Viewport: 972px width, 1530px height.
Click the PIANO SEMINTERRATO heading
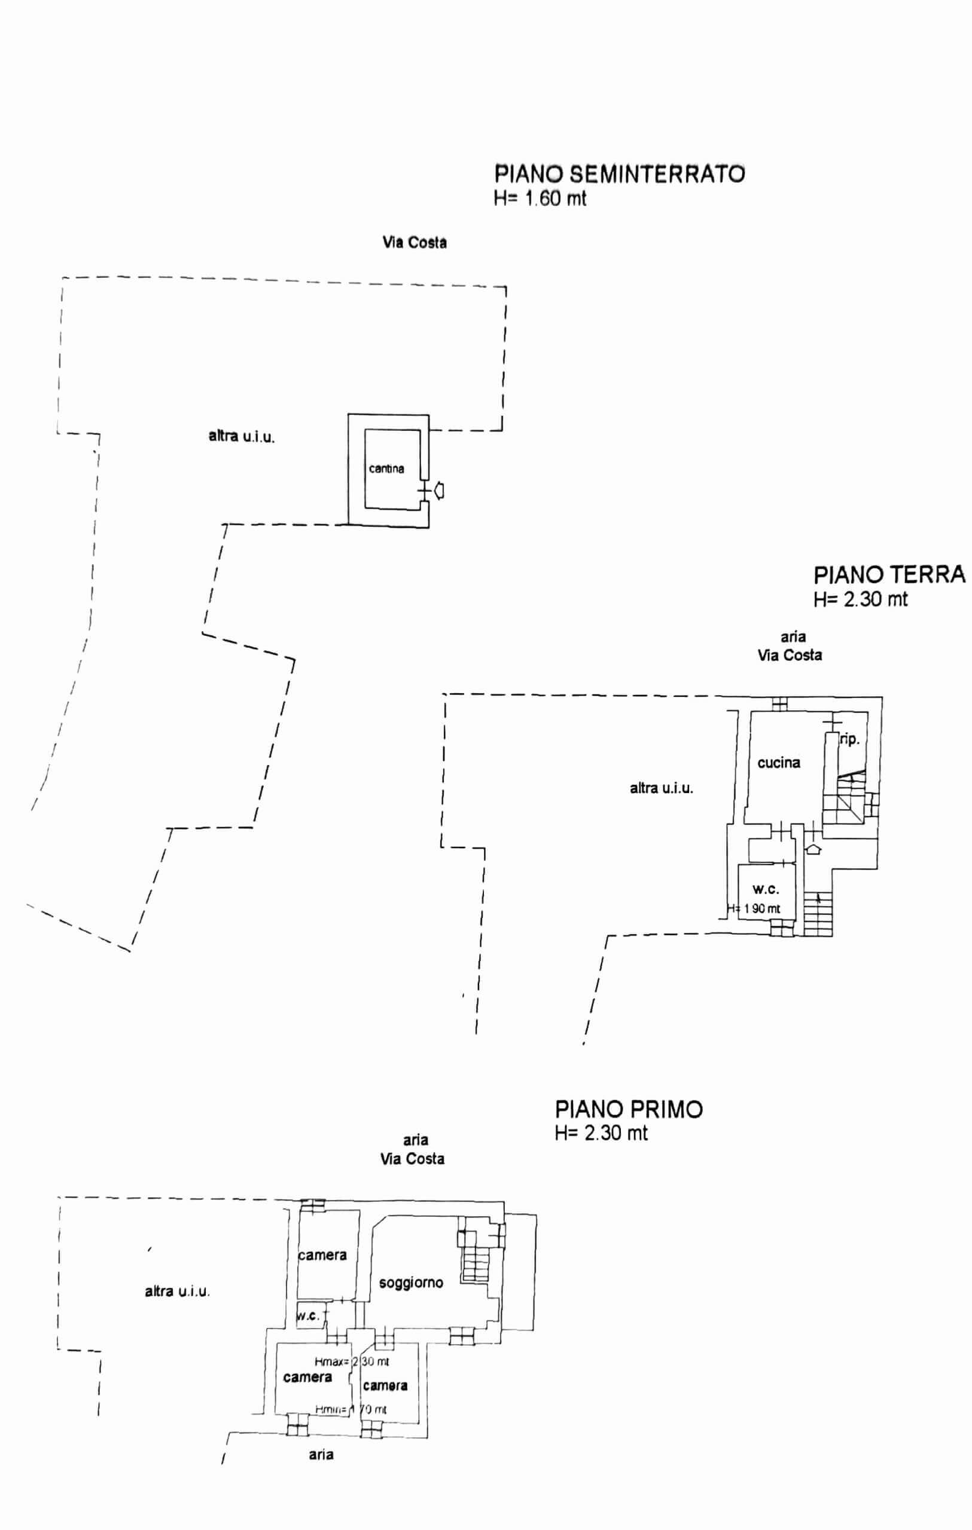[x=620, y=173]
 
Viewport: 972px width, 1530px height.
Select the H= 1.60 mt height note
[x=540, y=198]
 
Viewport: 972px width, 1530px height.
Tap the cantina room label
[x=386, y=469]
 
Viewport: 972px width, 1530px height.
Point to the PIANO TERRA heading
[x=889, y=574]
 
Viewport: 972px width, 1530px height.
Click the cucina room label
[x=779, y=763]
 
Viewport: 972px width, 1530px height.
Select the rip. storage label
[x=850, y=739]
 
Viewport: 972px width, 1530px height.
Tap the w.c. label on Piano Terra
[x=766, y=889]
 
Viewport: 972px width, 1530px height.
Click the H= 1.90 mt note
[x=755, y=908]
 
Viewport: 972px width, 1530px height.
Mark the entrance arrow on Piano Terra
[x=813, y=849]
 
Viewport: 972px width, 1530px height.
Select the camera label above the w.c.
[x=322, y=1255]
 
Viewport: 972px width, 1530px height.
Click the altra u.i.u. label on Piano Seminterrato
[x=242, y=436]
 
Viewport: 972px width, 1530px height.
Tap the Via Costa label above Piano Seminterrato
[x=415, y=242]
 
